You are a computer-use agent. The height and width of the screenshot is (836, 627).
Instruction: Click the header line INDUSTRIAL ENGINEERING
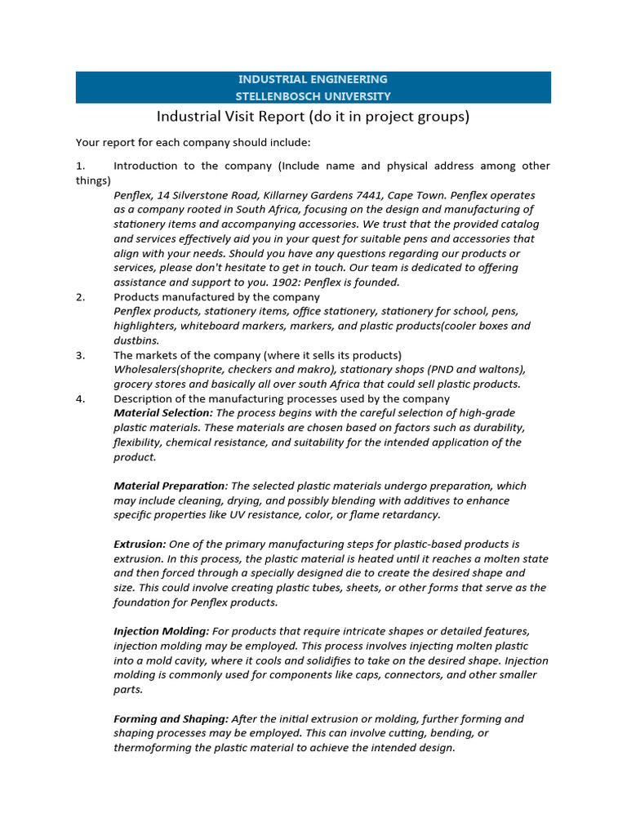[313, 79]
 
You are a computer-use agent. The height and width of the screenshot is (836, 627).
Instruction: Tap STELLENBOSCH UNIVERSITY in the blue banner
[313, 96]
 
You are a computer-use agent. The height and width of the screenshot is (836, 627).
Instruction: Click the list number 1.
[80, 166]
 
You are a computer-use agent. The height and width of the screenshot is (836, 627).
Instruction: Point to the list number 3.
[80, 355]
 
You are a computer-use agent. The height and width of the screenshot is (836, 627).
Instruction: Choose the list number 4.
[80, 398]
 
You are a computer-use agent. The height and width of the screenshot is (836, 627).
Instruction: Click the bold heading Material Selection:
[162, 413]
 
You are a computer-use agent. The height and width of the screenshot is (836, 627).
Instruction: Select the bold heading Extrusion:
[140, 544]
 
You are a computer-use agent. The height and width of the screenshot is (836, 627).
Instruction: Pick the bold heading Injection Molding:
[161, 631]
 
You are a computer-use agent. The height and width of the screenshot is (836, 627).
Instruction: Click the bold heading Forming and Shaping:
[171, 719]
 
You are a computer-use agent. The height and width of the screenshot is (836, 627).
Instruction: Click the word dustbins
[136, 340]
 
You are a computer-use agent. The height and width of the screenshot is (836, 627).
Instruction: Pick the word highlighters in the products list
[143, 326]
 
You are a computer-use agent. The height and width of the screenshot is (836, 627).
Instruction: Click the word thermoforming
[152, 748]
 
